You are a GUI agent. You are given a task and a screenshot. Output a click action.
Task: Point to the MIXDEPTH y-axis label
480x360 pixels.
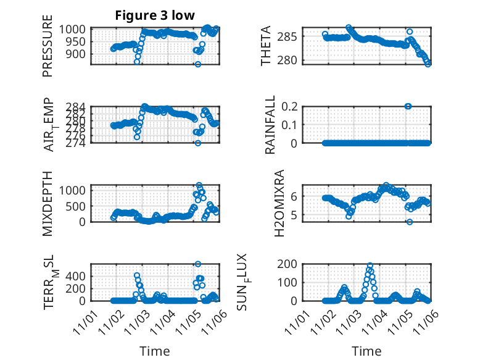(48, 203)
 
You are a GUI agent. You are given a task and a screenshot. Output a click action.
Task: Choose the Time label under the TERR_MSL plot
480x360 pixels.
(155, 351)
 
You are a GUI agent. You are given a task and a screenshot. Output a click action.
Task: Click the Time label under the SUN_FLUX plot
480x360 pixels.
(366, 351)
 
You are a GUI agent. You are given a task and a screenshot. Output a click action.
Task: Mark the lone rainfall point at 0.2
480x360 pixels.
(408, 106)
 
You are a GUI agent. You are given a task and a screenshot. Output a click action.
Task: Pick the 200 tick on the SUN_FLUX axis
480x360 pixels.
(292, 264)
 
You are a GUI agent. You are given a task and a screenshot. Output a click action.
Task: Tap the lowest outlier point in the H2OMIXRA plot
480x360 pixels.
(409, 222)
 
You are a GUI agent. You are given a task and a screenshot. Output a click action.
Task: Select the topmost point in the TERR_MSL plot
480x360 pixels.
(198, 264)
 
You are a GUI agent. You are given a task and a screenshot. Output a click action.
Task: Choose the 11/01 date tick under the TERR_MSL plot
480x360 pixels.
(85, 321)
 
